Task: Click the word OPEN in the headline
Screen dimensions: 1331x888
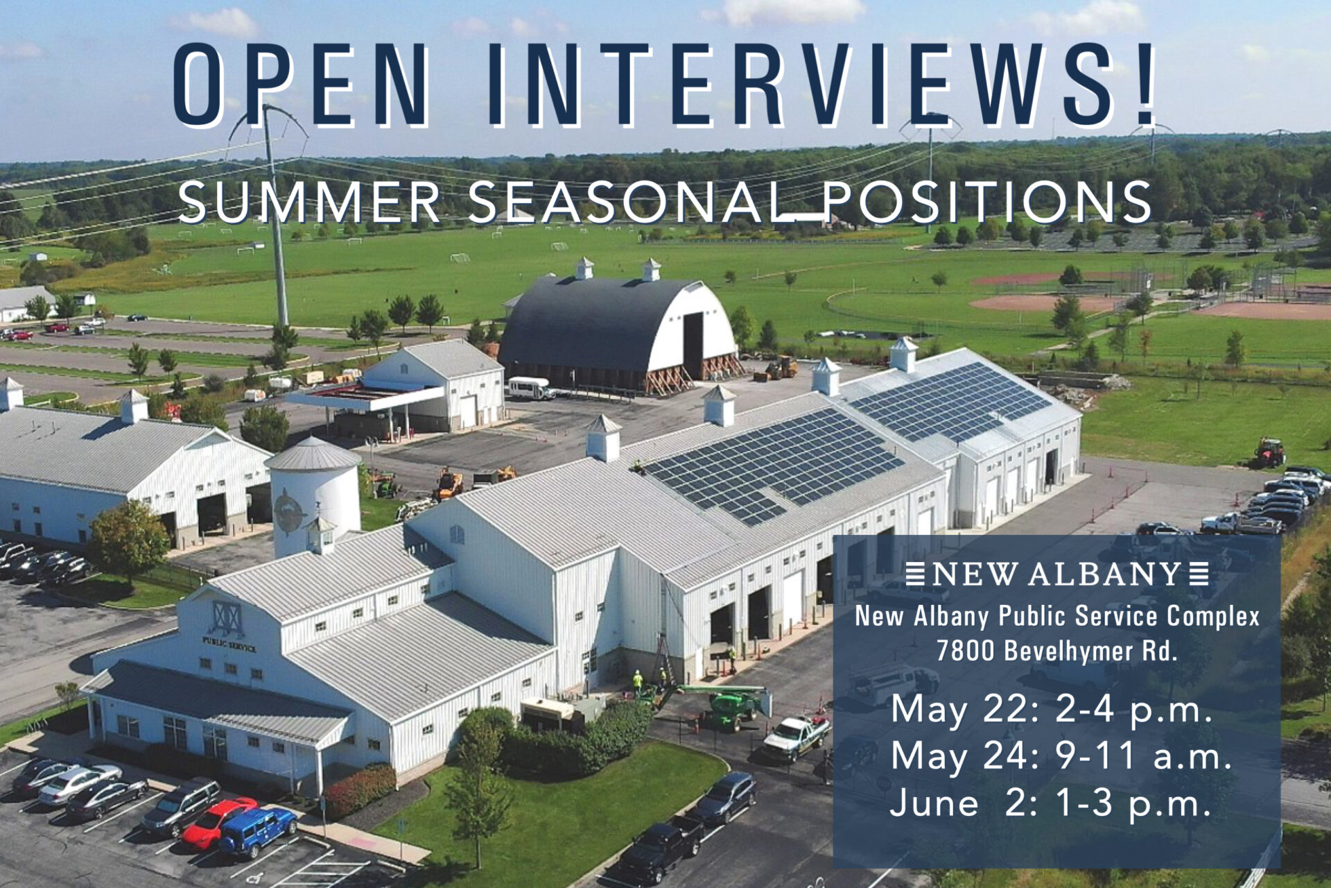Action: coord(302,85)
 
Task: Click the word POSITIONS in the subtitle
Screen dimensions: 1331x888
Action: coord(985,202)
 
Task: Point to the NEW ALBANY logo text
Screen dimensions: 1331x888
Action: coord(1057,574)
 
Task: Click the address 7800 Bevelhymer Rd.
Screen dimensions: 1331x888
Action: coord(1056,651)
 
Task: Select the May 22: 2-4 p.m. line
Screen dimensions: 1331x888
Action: coord(1052,710)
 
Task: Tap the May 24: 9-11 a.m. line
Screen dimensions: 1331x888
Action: coord(1061,756)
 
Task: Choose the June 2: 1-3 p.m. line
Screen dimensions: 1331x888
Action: coord(1051,803)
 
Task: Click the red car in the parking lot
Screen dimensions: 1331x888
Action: coord(218,822)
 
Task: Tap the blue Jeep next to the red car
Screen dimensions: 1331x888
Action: coord(258,831)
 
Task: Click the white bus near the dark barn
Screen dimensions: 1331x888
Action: coord(531,388)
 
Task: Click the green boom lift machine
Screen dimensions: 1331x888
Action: coord(728,704)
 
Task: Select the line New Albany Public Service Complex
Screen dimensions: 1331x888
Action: coord(1057,616)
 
